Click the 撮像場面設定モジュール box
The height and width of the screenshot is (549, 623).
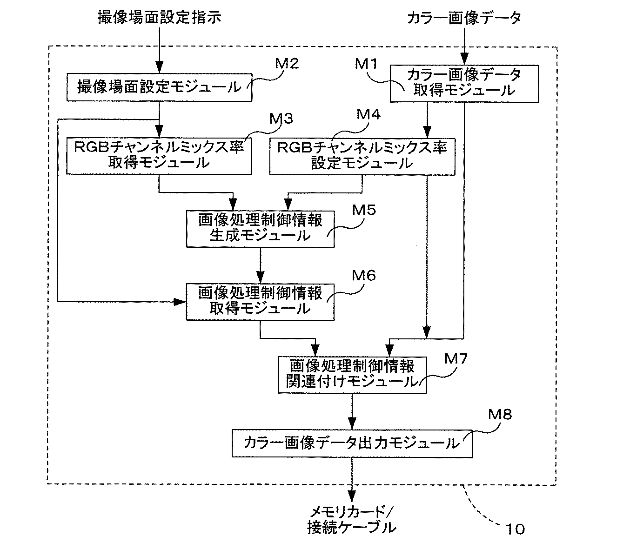coord(159,87)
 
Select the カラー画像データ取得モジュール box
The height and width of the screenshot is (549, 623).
coord(463,84)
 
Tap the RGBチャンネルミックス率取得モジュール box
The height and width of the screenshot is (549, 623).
coord(159,156)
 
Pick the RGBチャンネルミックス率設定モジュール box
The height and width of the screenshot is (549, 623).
coord(362,156)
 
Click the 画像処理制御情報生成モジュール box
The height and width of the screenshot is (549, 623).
coord(260,228)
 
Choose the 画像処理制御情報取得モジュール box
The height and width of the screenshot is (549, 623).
coord(260,301)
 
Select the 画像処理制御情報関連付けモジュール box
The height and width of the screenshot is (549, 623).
coord(352,374)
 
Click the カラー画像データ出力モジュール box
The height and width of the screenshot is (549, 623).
coord(352,443)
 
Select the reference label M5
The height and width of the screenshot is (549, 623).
coord(364,210)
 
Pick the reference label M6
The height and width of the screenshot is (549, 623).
coord(364,276)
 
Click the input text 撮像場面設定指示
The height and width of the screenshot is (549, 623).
coord(159,18)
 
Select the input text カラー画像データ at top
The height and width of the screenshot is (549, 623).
coord(464,18)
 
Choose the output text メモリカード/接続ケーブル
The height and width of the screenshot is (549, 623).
coord(352,520)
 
